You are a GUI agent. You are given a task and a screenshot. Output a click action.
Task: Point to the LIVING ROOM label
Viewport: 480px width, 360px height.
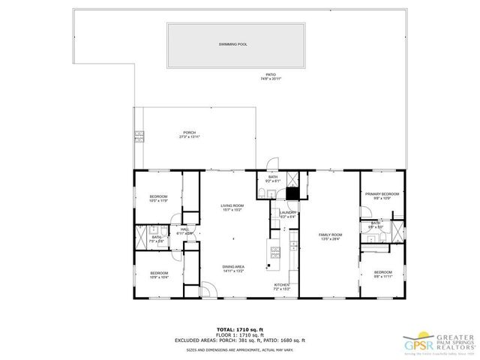(232, 207)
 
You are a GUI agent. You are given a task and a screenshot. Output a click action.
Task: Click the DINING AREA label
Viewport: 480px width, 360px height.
(232, 267)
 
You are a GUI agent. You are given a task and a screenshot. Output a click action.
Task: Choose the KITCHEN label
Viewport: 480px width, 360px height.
(282, 286)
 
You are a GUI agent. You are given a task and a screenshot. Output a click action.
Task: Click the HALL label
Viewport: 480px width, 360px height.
(184, 230)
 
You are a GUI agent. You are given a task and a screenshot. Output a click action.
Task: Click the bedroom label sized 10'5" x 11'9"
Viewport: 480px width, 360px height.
(158, 198)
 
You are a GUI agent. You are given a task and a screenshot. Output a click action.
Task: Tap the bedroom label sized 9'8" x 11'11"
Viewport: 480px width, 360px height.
(382, 273)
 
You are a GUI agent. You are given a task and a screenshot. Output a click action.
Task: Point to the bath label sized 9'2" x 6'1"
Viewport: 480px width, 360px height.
(273, 178)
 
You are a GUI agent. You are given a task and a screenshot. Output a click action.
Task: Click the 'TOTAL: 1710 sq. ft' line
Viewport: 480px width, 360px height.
(240, 329)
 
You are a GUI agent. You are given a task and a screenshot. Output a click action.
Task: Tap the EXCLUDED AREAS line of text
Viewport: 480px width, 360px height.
(240, 341)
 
